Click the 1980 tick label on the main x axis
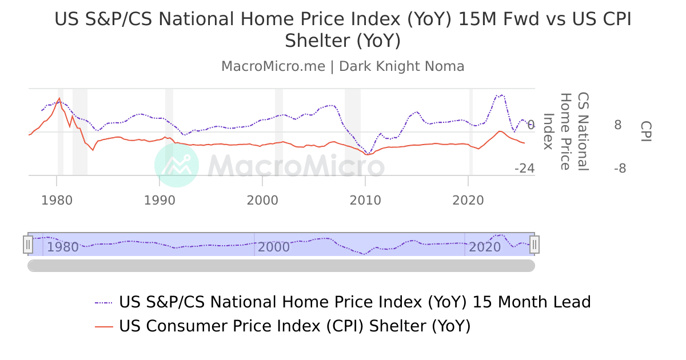pos(57,201)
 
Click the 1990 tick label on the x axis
pos(159,201)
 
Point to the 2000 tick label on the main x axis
pos(262,201)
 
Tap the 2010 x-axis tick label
pos(365,201)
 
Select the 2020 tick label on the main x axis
pos(468,201)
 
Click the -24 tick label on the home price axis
pos(524,169)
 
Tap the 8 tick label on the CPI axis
pos(618,125)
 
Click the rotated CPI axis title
pos(646,131)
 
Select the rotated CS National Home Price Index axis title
pos(566,131)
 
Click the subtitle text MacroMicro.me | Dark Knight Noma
pos(343,66)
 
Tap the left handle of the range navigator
pos(27,245)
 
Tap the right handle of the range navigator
pos(535,245)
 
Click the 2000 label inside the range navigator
pos(274,247)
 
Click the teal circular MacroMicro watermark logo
pos(177,165)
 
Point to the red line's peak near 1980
pos(59,98)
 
